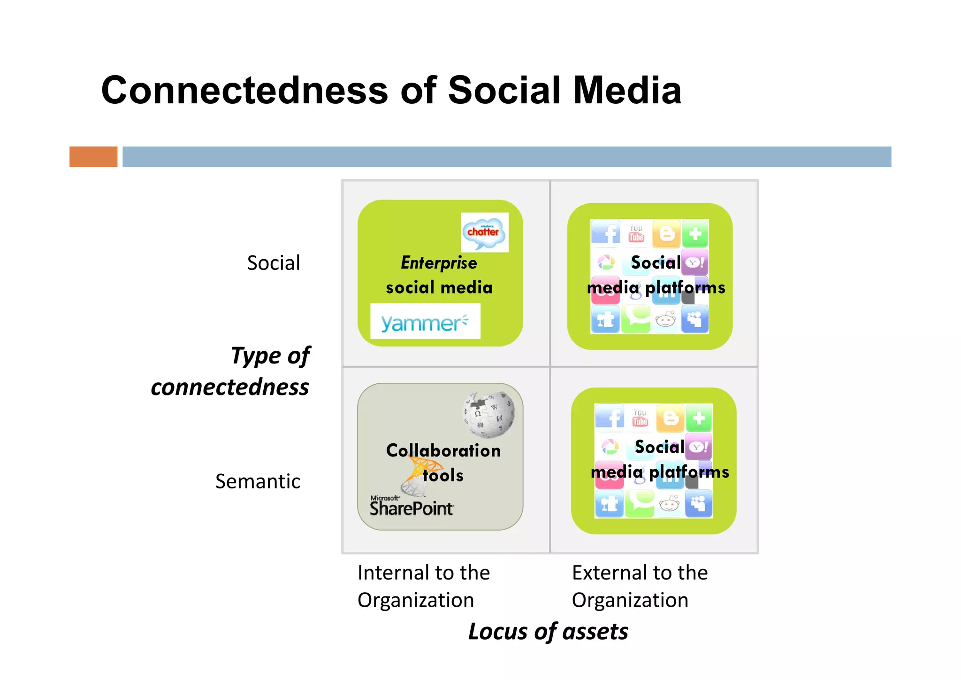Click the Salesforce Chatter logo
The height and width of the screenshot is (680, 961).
[484, 232]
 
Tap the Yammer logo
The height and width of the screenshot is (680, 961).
[425, 322]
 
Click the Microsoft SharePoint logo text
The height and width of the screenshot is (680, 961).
[412, 506]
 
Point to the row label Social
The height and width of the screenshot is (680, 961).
[274, 263]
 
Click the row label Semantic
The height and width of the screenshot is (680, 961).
[258, 481]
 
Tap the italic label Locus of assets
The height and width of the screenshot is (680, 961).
[548, 631]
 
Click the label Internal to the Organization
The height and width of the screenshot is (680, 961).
[423, 586]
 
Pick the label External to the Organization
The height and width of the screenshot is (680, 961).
[639, 586]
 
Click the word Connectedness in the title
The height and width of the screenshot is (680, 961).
[244, 90]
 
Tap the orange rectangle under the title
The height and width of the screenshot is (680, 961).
[93, 157]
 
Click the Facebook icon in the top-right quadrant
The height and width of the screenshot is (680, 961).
[606, 233]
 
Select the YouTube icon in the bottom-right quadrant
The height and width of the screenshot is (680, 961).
[640, 417]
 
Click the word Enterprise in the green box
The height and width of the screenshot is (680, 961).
[439, 263]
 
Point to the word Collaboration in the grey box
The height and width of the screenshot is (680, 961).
[443, 450]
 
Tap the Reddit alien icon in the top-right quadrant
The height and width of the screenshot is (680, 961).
[665, 320]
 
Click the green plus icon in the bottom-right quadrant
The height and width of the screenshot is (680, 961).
[699, 418]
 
